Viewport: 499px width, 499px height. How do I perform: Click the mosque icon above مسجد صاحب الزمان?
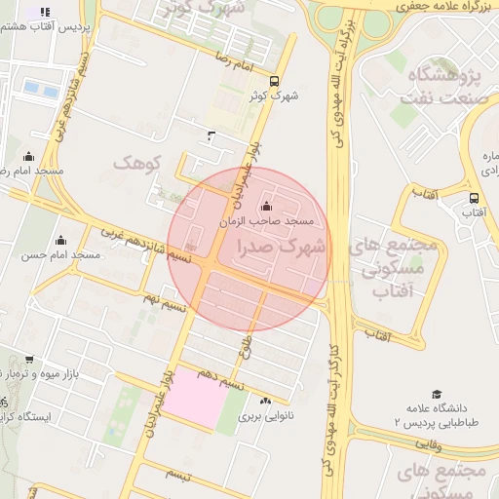[267, 206]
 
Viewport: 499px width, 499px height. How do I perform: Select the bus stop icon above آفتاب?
[474, 198]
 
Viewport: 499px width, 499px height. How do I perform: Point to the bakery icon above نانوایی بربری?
[266, 401]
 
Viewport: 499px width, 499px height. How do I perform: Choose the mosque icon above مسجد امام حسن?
[60, 241]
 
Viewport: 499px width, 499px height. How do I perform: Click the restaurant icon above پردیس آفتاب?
[45, 12]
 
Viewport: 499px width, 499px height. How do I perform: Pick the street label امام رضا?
[238, 60]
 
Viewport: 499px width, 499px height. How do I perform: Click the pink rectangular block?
[193, 398]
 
